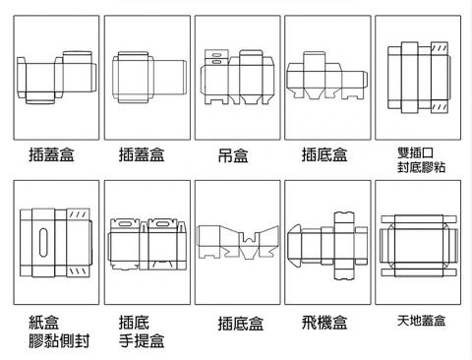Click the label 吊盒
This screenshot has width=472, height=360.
pos(232,155)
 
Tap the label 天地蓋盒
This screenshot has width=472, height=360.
pos(421,321)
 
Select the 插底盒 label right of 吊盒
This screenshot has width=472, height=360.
pos(324,154)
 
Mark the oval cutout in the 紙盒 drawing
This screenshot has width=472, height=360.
pos(44,243)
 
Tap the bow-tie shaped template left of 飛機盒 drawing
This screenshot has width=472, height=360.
pos(232,241)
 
